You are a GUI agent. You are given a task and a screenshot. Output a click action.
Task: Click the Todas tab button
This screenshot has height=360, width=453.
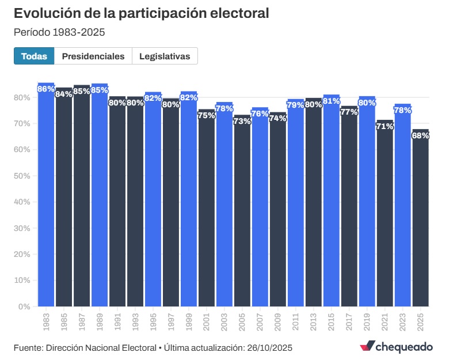[34, 56]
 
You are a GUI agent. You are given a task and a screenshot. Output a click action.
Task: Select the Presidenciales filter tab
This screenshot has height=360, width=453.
[93, 56]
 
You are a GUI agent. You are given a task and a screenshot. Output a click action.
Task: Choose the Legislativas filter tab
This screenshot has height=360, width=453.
[165, 56]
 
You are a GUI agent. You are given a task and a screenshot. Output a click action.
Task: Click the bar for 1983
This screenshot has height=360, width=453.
[46, 196]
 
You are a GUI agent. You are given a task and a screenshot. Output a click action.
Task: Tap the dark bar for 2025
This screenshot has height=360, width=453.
[420, 219]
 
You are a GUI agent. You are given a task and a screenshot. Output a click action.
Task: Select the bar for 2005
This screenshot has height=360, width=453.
[242, 213]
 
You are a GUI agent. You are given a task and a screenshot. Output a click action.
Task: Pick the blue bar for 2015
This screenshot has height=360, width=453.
[331, 202]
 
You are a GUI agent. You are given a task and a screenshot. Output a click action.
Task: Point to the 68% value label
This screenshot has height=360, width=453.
[420, 136]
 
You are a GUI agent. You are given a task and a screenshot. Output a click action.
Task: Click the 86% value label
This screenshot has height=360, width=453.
[46, 89]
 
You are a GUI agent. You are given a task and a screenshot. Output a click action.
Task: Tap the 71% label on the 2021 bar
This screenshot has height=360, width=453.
[385, 126]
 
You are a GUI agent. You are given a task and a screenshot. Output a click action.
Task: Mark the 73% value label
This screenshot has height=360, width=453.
[242, 121]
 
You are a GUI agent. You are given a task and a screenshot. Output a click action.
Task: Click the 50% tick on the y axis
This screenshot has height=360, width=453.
[22, 176]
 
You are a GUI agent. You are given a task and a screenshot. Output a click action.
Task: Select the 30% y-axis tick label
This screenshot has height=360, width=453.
[22, 228]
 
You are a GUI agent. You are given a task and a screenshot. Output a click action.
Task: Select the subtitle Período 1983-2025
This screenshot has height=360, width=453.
[59, 32]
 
